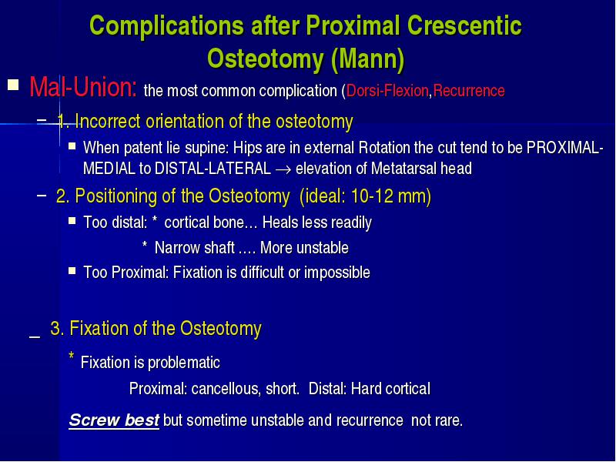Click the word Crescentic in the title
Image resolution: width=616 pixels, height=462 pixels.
(464, 26)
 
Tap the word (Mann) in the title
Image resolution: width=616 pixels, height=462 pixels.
(368, 59)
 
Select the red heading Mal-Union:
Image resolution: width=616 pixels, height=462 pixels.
(83, 86)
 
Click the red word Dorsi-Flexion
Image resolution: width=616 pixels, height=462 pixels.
(387, 91)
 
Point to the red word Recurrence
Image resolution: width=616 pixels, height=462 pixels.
(469, 91)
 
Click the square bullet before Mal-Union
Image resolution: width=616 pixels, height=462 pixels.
(13, 85)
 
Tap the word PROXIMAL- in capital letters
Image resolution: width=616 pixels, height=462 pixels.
(564, 148)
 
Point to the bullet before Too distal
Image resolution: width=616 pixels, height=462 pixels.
(72, 221)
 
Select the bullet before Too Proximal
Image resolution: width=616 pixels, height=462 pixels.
(72, 271)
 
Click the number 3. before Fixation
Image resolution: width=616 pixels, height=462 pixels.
(57, 329)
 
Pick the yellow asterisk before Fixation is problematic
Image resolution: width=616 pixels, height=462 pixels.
(72, 356)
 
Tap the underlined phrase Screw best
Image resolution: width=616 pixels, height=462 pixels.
(114, 420)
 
